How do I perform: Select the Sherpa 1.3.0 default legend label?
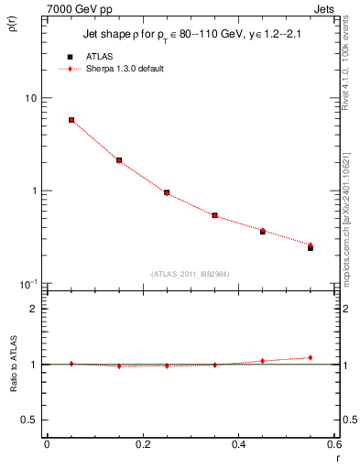[x=127, y=69]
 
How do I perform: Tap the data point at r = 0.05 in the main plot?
[x=71, y=120]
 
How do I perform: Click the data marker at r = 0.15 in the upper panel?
[x=119, y=160]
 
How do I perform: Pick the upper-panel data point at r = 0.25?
[x=167, y=192]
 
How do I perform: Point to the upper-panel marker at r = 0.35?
[x=214, y=215]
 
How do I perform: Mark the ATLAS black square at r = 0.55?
[x=311, y=247]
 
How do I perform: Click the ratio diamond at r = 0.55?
[x=311, y=357]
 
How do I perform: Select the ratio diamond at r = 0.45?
[x=263, y=361]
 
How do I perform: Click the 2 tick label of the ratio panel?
[x=34, y=309]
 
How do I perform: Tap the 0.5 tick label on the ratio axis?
[x=30, y=420]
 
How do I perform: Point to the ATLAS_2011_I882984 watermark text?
[x=190, y=273]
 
